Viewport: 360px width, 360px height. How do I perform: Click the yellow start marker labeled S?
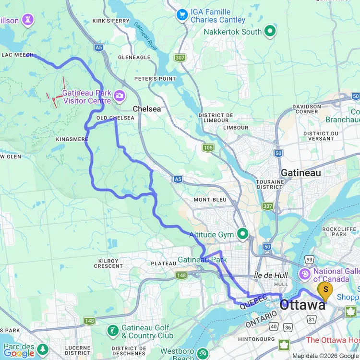point(326,289)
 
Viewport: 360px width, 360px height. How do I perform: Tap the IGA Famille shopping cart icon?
point(182,15)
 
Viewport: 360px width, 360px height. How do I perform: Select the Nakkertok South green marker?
point(270,32)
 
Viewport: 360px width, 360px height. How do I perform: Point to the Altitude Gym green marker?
point(243,235)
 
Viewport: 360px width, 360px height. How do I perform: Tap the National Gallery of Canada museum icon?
point(304,275)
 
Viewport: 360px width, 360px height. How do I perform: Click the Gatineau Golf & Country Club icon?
point(113,331)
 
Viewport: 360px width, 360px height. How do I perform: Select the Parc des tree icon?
point(43,348)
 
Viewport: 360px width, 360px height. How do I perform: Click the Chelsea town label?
point(146,109)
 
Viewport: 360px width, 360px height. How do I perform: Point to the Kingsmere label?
point(72,139)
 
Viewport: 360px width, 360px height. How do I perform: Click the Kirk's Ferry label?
point(111,21)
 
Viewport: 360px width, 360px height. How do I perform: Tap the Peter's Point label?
point(155,79)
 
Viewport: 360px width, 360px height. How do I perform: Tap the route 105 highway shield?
point(208,148)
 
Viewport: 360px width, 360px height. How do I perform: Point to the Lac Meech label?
point(17,55)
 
